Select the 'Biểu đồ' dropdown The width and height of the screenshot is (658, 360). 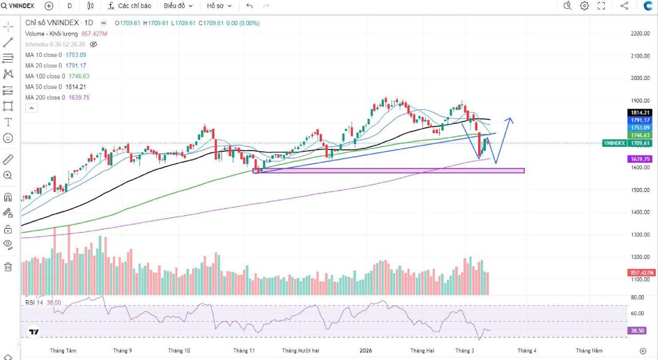178,5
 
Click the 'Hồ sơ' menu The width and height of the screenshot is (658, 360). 219,5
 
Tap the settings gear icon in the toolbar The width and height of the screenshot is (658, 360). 585,5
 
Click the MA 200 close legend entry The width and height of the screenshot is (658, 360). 57,98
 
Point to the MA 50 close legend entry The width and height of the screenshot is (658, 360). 55,87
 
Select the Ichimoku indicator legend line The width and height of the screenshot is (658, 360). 55,44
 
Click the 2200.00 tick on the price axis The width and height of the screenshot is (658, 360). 639,33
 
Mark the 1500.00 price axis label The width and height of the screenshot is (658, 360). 639,190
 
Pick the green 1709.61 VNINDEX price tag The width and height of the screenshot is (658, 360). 628,143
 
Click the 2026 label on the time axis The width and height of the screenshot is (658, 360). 365,351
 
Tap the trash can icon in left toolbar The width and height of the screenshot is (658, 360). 8,267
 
